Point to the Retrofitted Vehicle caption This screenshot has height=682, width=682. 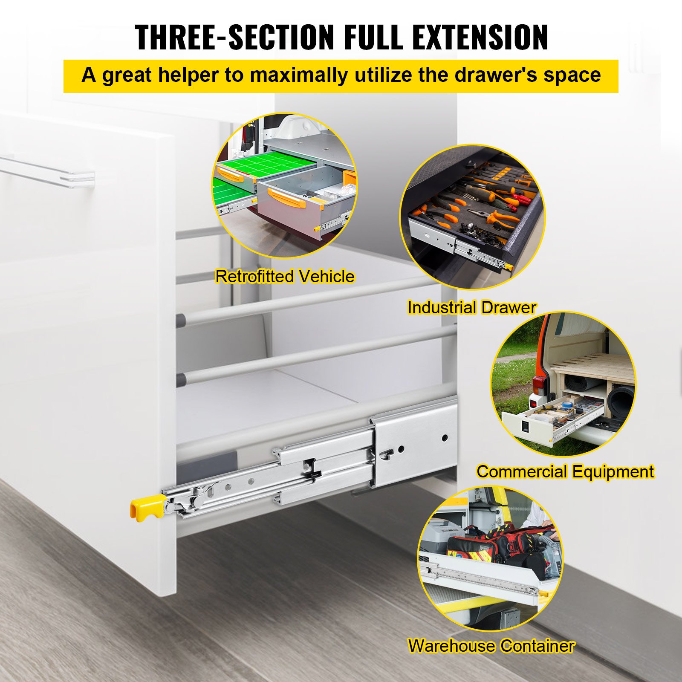click(x=285, y=277)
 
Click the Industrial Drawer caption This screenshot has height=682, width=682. click(x=471, y=308)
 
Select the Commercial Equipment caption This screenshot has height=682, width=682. click(x=565, y=472)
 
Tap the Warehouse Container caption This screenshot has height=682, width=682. click(x=491, y=646)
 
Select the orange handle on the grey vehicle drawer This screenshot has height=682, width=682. click(x=286, y=198)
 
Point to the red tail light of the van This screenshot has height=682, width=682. click(x=538, y=386)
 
